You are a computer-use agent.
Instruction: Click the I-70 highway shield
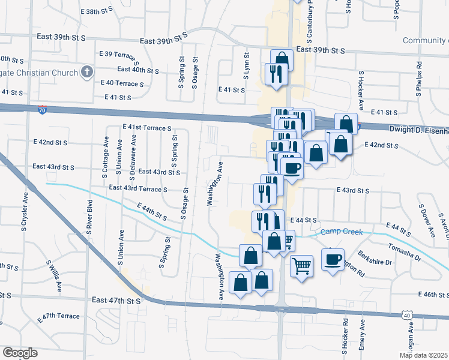41,110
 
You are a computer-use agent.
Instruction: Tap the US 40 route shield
407,315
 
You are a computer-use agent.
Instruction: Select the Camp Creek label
343,232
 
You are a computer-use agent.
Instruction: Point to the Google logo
20,353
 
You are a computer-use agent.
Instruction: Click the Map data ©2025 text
424,355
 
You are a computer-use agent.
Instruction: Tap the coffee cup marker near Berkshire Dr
333,259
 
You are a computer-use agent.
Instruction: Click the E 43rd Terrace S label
137,188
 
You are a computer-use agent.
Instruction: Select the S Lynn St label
246,63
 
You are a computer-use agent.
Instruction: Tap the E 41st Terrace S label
147,128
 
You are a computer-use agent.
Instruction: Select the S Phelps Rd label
419,79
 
